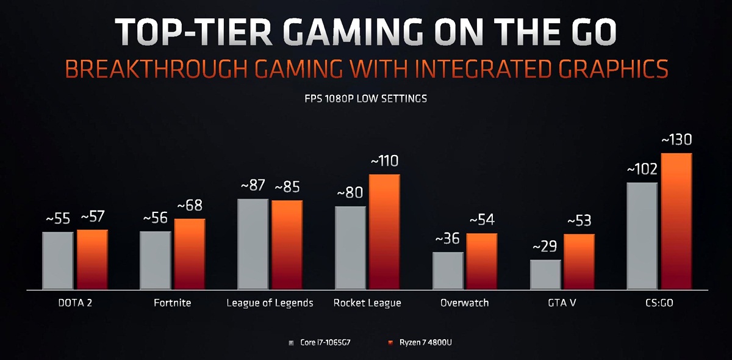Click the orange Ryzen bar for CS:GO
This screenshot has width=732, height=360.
click(x=676, y=221)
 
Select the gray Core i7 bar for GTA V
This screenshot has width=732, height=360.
click(x=545, y=275)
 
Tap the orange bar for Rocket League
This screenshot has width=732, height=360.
click(x=384, y=232)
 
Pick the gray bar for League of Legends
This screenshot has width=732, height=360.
click(x=253, y=244)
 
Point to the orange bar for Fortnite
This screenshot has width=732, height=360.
click(x=189, y=254)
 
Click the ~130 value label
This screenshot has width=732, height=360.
click(x=676, y=140)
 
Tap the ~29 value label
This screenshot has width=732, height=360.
click(x=545, y=247)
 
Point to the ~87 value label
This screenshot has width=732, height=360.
click(x=253, y=186)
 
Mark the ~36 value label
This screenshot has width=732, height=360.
click(x=448, y=239)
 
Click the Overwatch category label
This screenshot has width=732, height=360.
click(x=464, y=303)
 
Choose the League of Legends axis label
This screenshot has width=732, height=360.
click(x=270, y=303)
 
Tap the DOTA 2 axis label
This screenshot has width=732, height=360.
click(x=74, y=303)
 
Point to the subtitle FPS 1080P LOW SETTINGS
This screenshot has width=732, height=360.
click(x=365, y=98)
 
